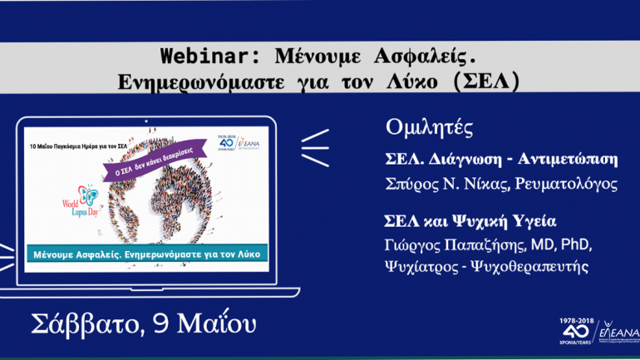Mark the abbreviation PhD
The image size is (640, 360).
point(576,245)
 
